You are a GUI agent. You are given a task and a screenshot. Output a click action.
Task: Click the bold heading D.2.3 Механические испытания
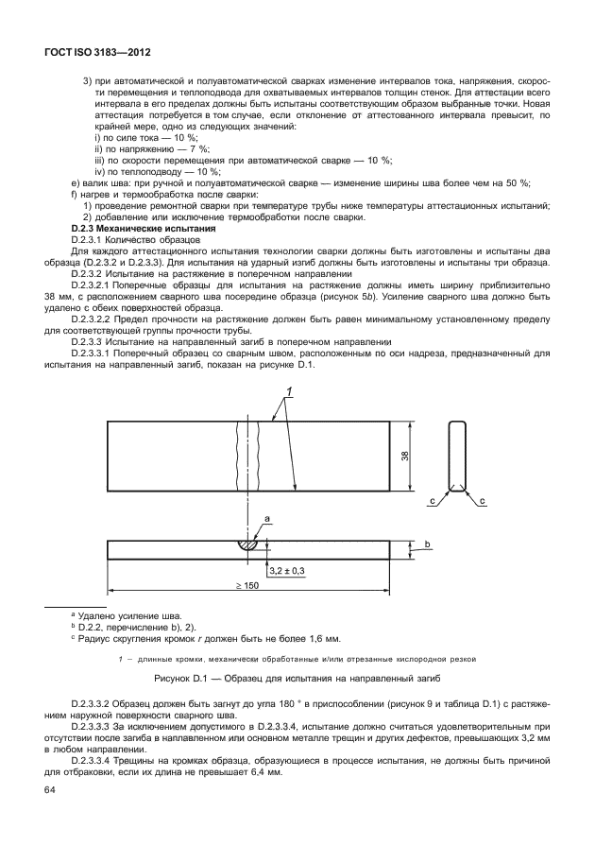tap(144, 229)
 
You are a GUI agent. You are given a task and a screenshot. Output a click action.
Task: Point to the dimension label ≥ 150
tap(248, 586)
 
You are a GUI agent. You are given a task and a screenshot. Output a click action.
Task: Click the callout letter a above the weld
tap(267, 519)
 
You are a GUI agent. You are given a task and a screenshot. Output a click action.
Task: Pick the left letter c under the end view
tap(432, 499)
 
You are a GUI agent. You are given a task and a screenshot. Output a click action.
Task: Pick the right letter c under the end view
tap(482, 499)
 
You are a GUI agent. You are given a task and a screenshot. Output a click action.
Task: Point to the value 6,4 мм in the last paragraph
tap(268, 772)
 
